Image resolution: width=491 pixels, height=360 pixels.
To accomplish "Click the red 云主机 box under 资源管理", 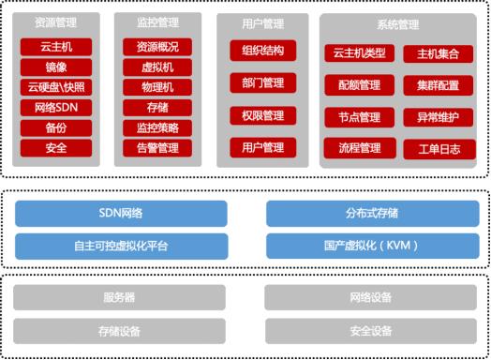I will (55, 47).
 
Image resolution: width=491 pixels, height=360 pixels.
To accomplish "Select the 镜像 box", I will (55, 67).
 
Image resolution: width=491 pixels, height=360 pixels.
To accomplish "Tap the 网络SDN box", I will (55, 107).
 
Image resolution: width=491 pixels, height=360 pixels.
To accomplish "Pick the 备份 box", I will (55, 127).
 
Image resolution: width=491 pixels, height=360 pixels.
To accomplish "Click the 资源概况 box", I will (157, 47).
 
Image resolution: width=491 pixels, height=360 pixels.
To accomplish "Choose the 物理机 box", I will (157, 87).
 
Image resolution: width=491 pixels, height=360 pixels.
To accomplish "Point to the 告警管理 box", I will (157, 147).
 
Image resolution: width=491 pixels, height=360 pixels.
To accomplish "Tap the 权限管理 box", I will (262, 115).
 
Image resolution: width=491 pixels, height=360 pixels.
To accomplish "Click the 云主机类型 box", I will (360, 53).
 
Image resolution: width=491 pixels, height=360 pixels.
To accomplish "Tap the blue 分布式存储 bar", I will (374, 214).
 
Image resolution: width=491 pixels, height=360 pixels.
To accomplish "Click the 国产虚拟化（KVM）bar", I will (374, 247).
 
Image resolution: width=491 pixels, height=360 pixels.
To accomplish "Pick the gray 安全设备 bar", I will (374, 330).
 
